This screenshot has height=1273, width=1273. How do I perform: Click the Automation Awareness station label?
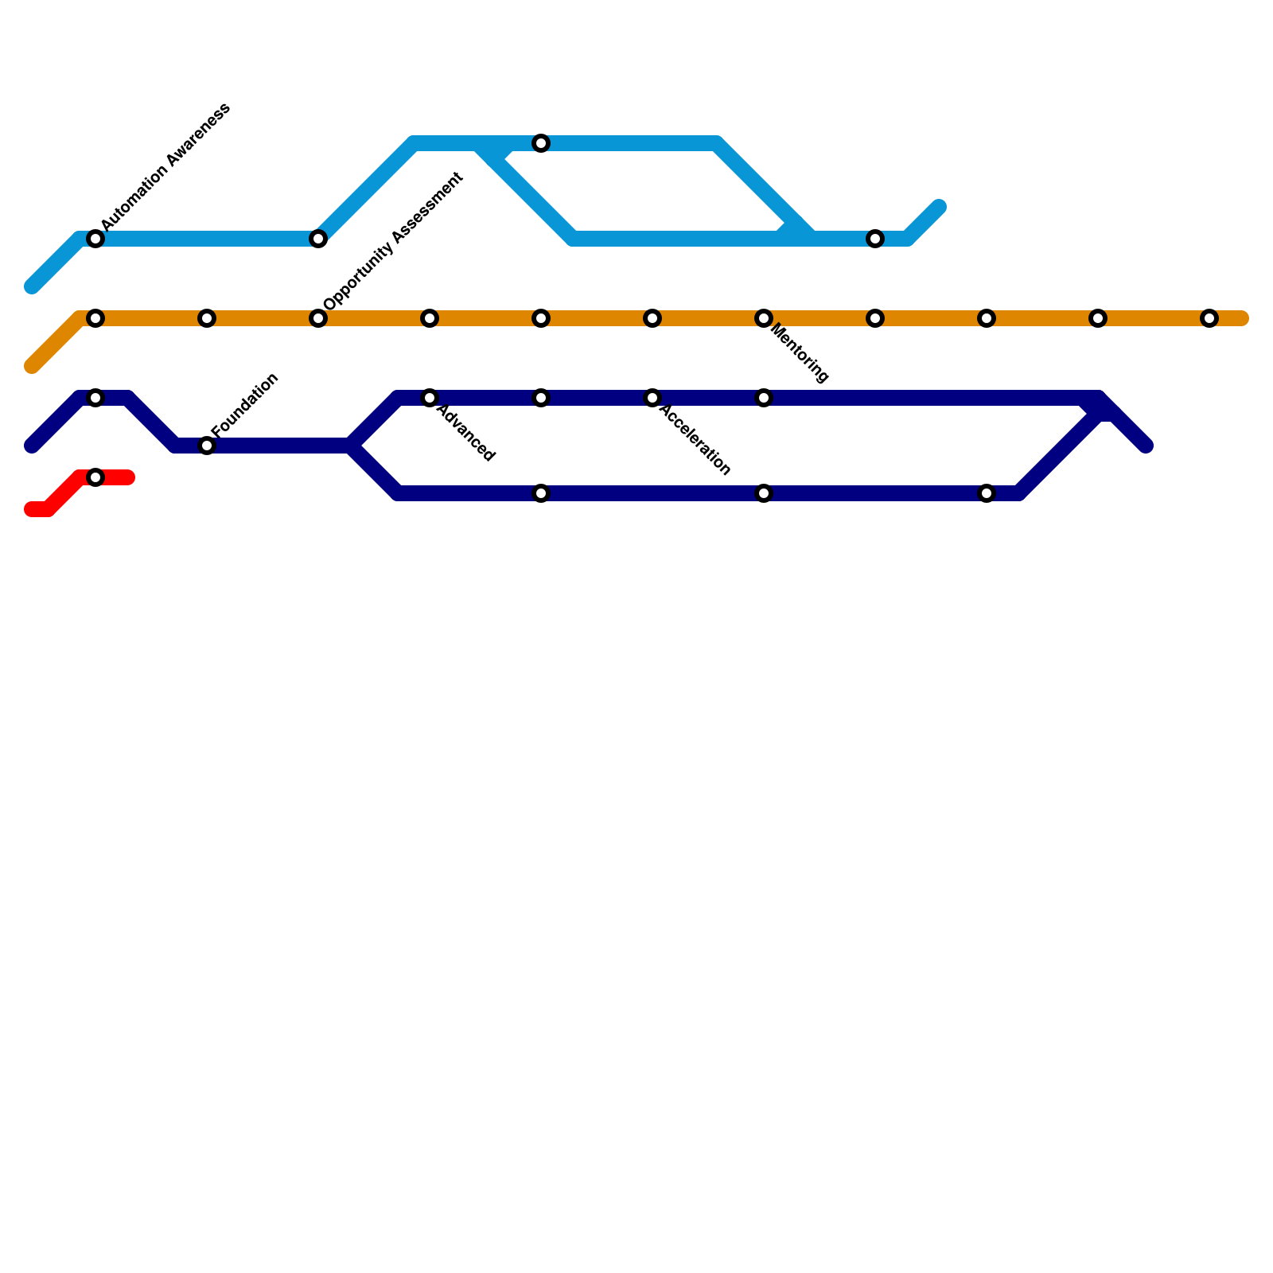[x=165, y=166]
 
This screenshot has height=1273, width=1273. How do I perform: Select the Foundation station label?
[x=245, y=404]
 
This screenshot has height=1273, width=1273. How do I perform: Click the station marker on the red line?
[x=95, y=477]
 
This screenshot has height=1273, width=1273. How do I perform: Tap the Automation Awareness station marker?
[x=95, y=239]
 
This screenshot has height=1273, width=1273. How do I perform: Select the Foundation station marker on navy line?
[x=207, y=446]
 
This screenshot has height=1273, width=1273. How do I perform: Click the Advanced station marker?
[x=430, y=398]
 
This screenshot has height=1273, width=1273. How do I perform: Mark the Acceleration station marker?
[x=652, y=398]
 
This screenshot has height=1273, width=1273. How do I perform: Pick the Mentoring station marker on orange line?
[x=764, y=318]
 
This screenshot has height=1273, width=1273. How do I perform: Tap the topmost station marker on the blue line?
[x=541, y=143]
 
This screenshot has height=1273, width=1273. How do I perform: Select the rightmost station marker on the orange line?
[x=1209, y=318]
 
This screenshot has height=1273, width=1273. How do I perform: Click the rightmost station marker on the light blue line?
[x=875, y=239]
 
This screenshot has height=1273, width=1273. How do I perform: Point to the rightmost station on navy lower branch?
[x=987, y=493]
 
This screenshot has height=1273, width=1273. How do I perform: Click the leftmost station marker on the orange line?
[x=95, y=318]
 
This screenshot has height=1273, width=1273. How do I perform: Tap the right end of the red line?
[x=129, y=477]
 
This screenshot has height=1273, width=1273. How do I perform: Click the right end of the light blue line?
[x=940, y=207]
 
